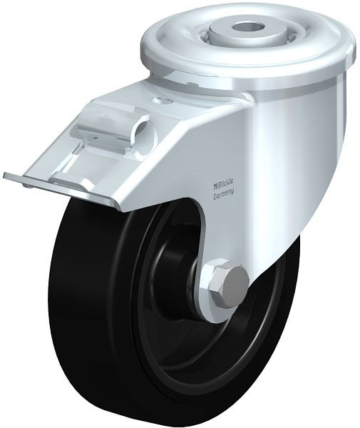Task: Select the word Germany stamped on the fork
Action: (x=223, y=193)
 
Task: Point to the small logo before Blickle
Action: (x=215, y=185)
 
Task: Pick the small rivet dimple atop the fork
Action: (x=163, y=100)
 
